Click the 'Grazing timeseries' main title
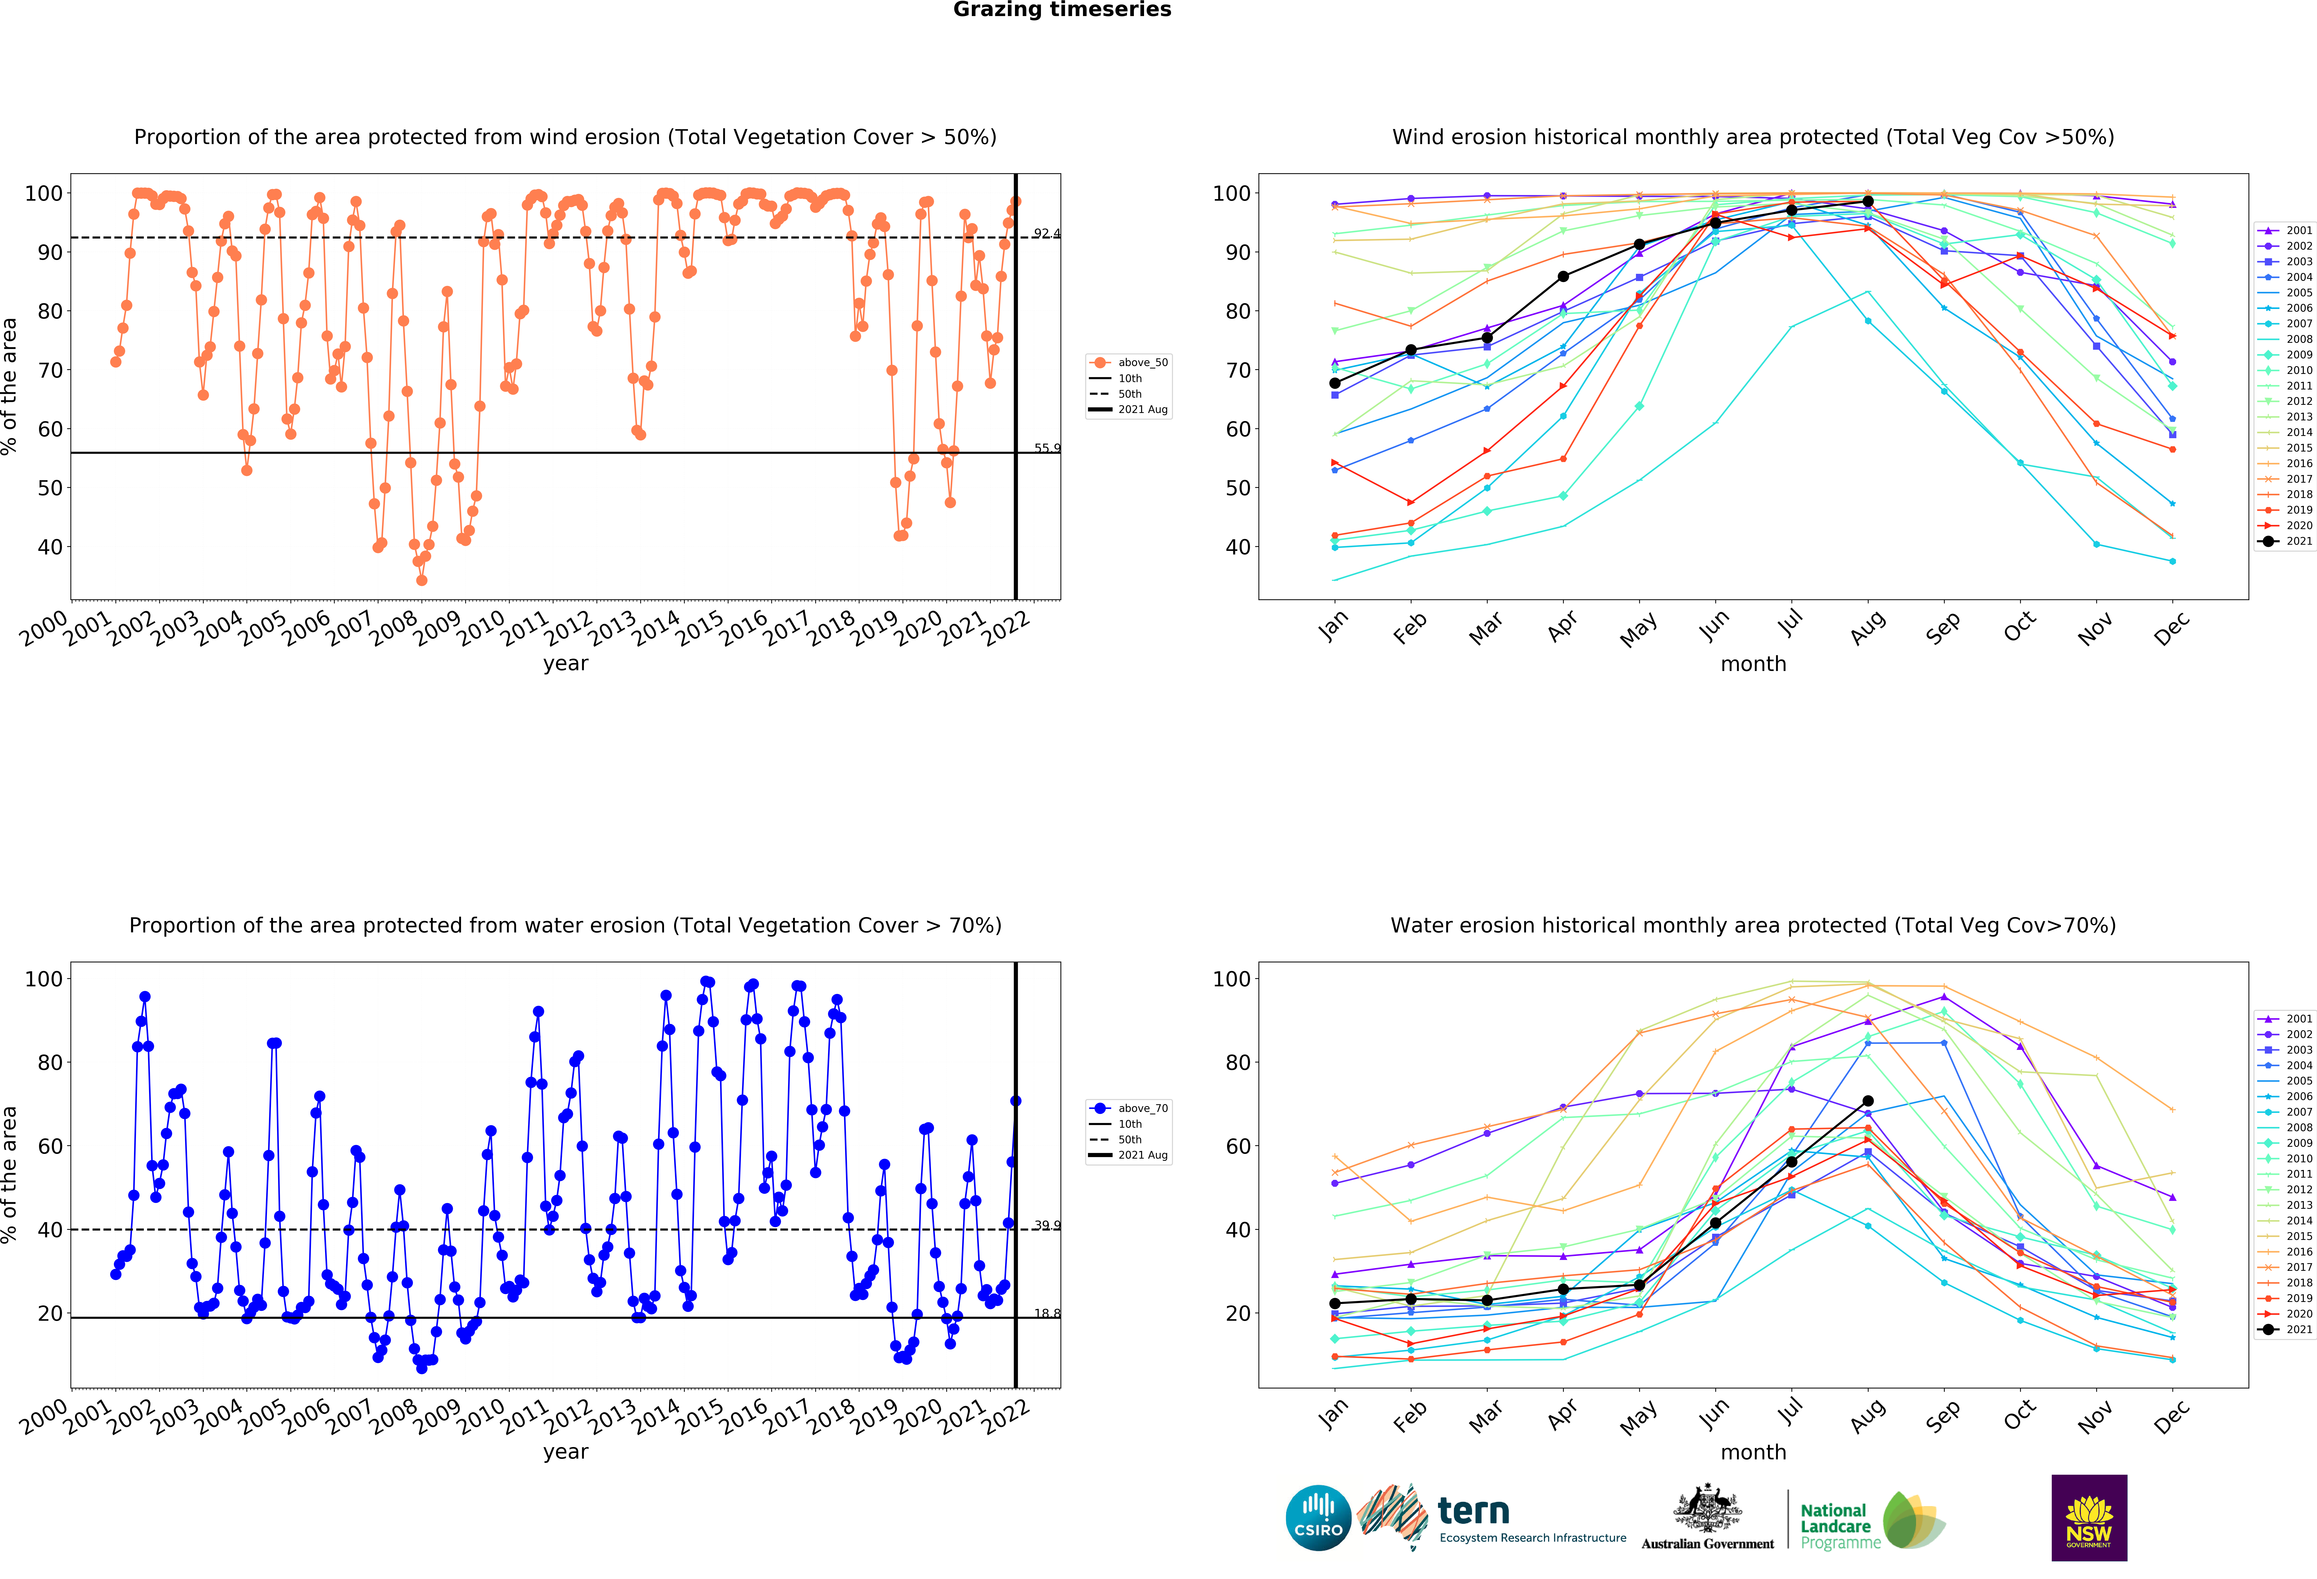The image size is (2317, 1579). (x=1062, y=10)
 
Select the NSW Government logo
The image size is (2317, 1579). (x=2089, y=1517)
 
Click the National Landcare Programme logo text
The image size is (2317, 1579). (x=1839, y=1526)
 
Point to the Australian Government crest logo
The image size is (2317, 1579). (x=1708, y=1517)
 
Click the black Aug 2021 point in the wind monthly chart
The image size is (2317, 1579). (x=1867, y=201)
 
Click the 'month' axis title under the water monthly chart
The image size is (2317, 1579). (x=1754, y=1452)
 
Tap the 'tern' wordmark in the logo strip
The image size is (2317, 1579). (x=1474, y=1512)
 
